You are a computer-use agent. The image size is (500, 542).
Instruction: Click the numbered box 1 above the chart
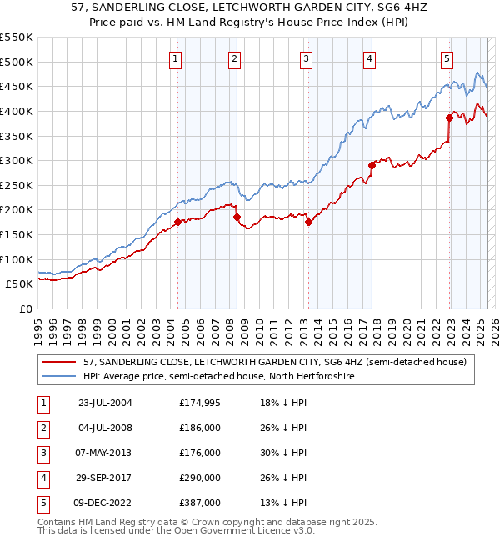[x=177, y=58]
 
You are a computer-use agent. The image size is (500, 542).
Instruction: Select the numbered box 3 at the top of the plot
[x=307, y=58]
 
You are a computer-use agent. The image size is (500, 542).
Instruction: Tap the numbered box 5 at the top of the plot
[x=447, y=58]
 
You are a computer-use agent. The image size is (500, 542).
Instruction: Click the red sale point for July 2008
[x=237, y=217]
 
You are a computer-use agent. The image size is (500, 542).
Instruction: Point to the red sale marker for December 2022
[x=450, y=118]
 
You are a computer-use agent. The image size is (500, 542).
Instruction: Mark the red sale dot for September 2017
[x=372, y=165]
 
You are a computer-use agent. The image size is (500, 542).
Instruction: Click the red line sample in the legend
[x=60, y=362]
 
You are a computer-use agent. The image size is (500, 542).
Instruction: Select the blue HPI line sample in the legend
[x=60, y=377]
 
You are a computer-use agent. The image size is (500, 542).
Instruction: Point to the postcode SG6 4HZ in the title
[x=353, y=9]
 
